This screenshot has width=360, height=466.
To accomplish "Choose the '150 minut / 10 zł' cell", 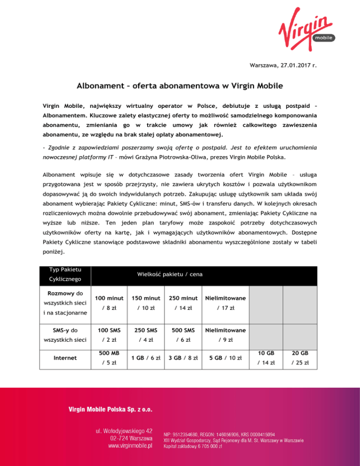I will [x=142, y=303].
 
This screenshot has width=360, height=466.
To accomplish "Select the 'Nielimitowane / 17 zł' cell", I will [x=225, y=303].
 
